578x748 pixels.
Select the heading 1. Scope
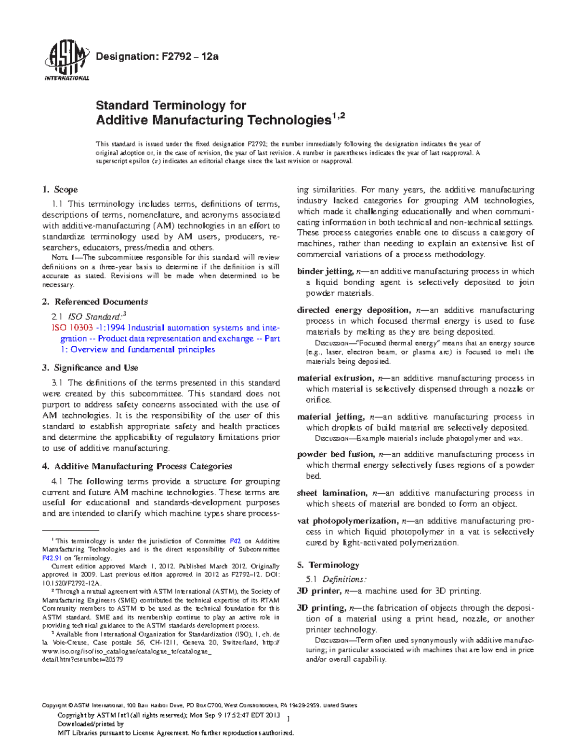[x=60, y=190]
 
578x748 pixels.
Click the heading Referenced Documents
[x=101, y=302]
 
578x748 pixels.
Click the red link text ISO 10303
[x=72, y=328]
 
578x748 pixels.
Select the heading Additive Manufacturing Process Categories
[x=143, y=466]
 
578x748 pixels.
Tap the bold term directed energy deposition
[x=353, y=310]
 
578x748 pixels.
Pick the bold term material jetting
[x=330, y=417]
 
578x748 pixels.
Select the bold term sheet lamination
[x=331, y=493]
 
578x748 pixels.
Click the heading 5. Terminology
[x=328, y=565]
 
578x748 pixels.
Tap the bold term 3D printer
[x=318, y=591]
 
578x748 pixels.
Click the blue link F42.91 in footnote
[x=52, y=558]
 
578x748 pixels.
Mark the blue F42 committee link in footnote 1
[x=236, y=541]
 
